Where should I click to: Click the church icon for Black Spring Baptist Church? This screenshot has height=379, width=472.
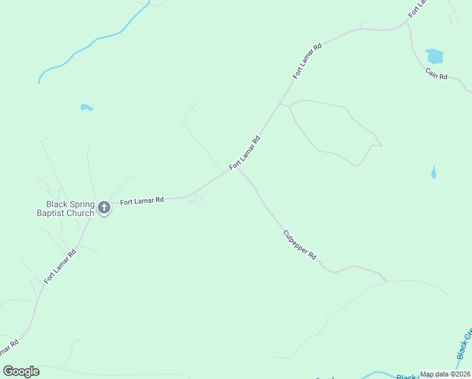click(104, 207)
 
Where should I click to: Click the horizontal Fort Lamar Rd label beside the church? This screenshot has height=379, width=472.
click(142, 201)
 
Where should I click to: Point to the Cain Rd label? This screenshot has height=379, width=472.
click(436, 73)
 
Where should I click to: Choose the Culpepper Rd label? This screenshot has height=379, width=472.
click(300, 246)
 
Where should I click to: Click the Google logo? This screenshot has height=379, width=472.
click(21, 371)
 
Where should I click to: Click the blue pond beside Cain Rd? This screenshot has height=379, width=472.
click(434, 56)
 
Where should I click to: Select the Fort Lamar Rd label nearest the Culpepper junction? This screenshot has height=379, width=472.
click(245, 153)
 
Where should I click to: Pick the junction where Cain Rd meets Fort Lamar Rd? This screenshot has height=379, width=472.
click(408, 24)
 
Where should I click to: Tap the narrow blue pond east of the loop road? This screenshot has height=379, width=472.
click(434, 172)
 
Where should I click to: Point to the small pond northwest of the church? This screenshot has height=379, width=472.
click(86, 107)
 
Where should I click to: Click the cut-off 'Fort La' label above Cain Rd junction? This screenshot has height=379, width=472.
click(418, 8)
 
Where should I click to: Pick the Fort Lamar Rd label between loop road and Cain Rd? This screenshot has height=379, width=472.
click(307, 61)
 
